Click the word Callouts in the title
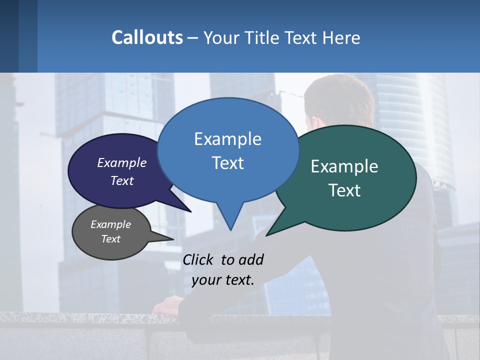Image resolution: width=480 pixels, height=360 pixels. point(147,37)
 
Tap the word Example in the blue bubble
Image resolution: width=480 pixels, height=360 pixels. point(227,139)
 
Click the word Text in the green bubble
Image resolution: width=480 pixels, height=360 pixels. point(344,190)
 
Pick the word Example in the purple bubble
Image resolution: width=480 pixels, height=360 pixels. point(121,162)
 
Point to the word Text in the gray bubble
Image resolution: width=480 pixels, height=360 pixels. point(110,239)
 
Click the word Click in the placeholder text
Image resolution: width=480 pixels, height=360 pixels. point(198,260)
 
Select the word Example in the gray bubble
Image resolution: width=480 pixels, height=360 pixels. point(110,224)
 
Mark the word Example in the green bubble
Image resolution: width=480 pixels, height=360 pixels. point(344,166)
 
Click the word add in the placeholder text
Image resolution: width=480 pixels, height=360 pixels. point(251,260)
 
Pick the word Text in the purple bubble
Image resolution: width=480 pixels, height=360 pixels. point(121,180)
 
